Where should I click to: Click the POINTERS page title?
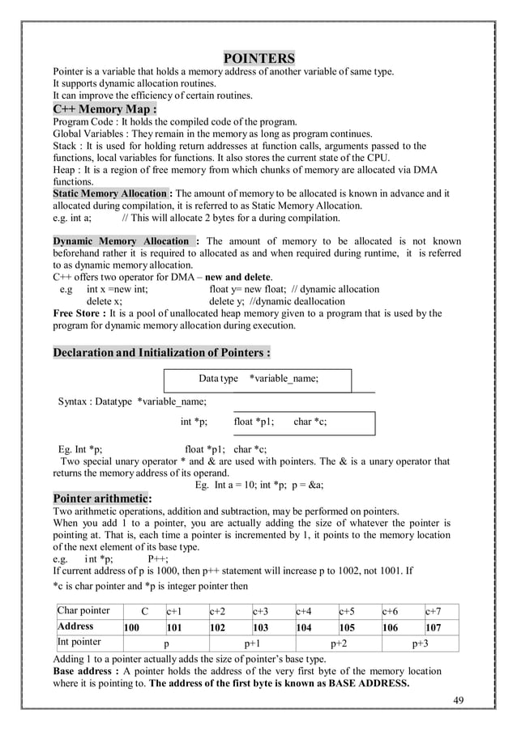[x=258, y=59]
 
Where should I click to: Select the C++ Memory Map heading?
[x=105, y=109]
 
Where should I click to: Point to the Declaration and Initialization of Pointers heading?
[x=161, y=353]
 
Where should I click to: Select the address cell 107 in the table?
[x=434, y=626]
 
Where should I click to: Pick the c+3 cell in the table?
[x=262, y=611]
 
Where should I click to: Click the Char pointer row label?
[x=83, y=611]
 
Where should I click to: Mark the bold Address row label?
[x=76, y=626]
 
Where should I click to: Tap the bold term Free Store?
[x=81, y=313]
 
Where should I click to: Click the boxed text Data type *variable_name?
[x=258, y=378]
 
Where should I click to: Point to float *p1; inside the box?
[x=254, y=422]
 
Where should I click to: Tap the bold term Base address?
[x=85, y=671]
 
